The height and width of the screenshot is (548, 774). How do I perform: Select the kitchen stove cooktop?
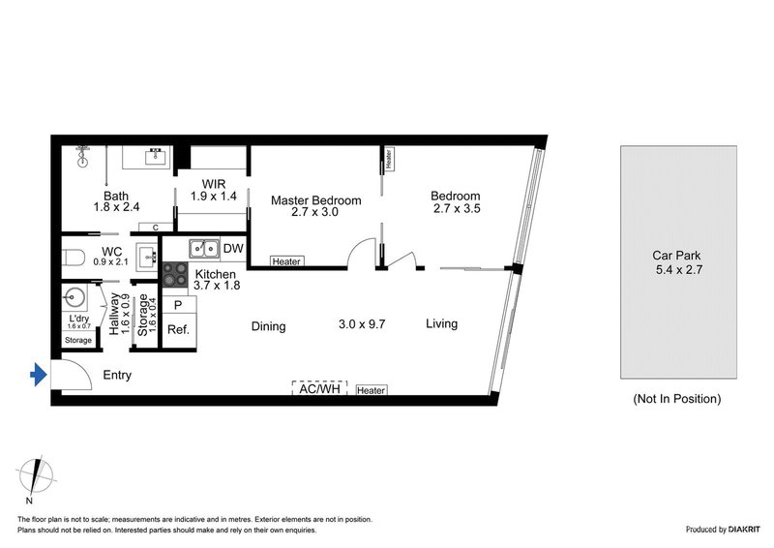coord(175,275)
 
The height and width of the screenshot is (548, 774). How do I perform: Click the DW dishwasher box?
coord(232,249)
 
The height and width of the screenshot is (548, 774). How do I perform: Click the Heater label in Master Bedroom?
coord(285,261)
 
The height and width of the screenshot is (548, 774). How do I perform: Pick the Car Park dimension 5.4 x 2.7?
coord(676,271)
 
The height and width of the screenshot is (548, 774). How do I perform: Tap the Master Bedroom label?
coord(315,200)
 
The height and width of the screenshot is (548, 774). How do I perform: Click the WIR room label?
coord(214,183)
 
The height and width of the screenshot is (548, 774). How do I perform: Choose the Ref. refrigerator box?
coord(179,329)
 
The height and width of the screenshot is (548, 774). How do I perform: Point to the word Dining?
coord(268,326)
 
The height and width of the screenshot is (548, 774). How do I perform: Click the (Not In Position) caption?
coord(676,398)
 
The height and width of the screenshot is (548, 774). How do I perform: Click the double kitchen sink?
coord(203,248)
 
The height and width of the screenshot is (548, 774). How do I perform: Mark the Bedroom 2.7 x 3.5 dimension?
coord(456,208)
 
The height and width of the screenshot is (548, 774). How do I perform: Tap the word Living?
coord(441,324)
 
